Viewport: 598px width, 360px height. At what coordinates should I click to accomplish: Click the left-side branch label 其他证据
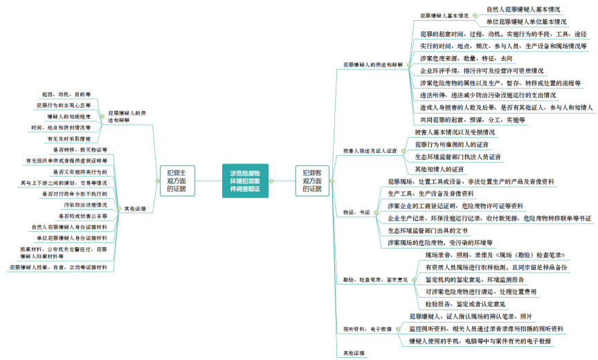pyautogui.click(x=135, y=208)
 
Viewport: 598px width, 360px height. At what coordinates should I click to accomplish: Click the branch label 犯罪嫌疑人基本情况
pyautogui.click(x=444, y=15)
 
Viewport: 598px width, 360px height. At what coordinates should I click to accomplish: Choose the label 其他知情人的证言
pyautogui.click(x=439, y=169)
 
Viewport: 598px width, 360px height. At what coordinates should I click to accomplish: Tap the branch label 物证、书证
pyautogui.click(x=356, y=212)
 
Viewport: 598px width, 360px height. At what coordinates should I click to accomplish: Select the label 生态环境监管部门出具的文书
pyautogui.click(x=428, y=231)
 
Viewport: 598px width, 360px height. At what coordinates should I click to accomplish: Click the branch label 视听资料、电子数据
pyautogui.click(x=368, y=329)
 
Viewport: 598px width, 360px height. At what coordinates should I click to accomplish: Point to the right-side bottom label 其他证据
pyautogui.click(x=354, y=353)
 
